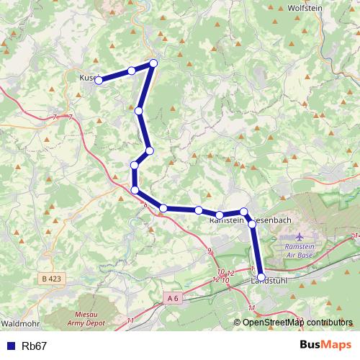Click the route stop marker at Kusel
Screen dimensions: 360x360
pos(99,80)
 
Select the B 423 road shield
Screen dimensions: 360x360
pos(51,278)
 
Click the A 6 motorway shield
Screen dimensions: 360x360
pos(171,297)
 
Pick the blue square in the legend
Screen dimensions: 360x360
pos(10,346)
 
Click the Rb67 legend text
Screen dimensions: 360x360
pos(35,346)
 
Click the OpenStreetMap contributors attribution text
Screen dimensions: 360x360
pos(297,323)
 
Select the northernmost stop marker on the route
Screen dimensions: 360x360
pos(153,63)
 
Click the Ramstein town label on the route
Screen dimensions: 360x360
pos(225,223)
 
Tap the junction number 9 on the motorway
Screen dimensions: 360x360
pos(210,251)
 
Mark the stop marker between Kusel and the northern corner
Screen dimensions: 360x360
pos(131,71)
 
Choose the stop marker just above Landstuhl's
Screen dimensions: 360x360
pos(252,224)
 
